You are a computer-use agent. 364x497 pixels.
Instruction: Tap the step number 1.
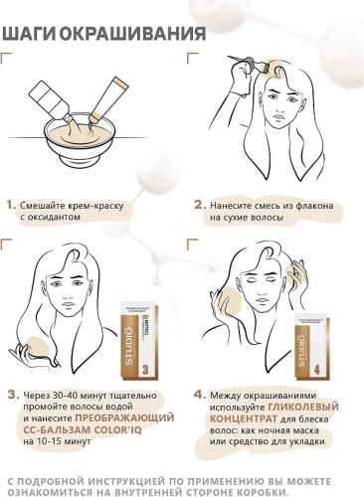tap(11, 205)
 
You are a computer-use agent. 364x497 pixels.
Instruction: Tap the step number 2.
tap(200, 205)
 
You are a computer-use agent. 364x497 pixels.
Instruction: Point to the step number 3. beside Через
tap(14, 395)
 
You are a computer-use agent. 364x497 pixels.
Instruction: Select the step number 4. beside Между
tap(200, 395)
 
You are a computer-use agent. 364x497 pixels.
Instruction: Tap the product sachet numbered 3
tap(139, 341)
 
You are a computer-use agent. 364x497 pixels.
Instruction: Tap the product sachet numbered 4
tap(311, 346)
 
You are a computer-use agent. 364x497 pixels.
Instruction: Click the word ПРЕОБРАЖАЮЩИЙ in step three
tap(124, 417)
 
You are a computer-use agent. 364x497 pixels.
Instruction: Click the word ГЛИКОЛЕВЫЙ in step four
tap(303, 407)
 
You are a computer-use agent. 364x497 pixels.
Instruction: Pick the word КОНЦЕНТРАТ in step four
tap(243, 418)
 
